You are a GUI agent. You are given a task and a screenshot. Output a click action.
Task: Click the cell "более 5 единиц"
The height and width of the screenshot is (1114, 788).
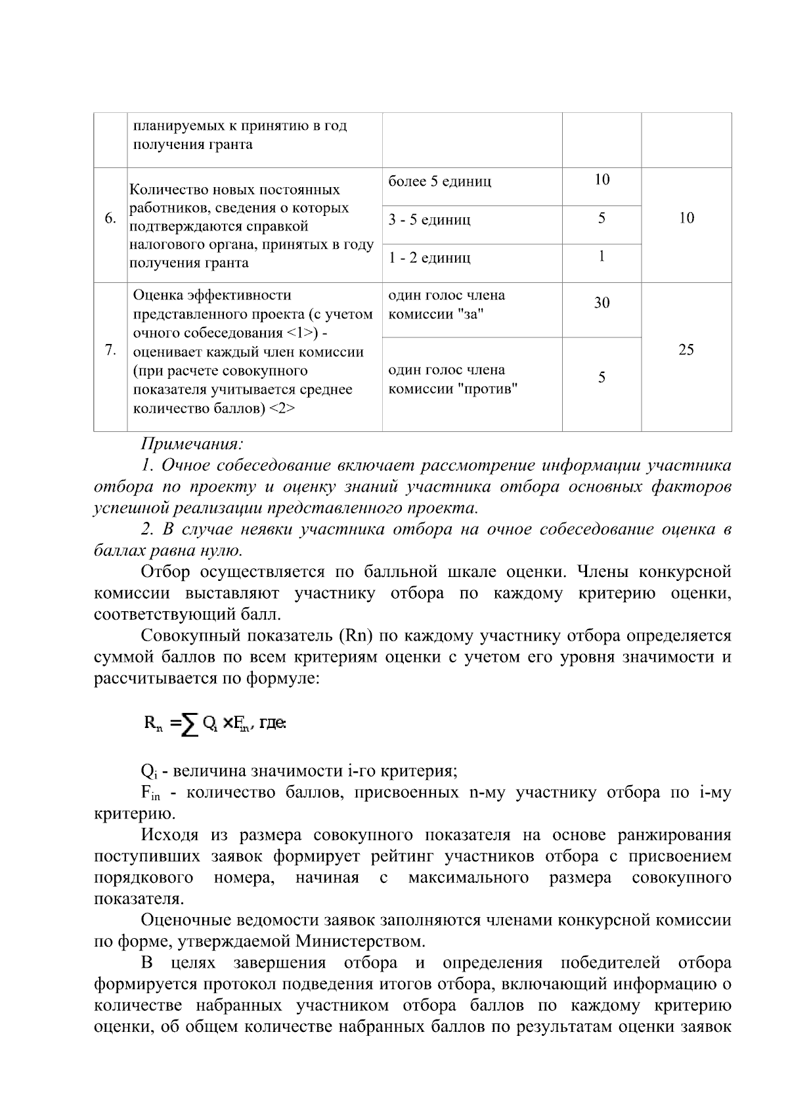point(439,182)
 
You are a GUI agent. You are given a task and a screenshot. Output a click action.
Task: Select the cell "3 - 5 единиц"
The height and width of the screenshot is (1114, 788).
point(429,220)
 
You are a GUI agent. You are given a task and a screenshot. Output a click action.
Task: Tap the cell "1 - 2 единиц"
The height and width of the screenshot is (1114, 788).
point(429,258)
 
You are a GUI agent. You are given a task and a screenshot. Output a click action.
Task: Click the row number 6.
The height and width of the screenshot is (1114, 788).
point(110,219)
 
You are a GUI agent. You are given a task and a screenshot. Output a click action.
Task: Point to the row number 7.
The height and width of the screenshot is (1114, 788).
point(110,350)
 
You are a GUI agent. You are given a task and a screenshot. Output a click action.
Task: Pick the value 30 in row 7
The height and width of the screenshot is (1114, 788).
point(602,303)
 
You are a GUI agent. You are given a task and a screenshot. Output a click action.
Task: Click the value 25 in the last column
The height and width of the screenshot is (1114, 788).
point(686,350)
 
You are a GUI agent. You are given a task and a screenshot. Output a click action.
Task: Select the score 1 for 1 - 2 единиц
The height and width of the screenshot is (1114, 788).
point(602,257)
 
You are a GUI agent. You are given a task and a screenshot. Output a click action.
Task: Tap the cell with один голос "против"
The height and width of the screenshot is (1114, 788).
point(453,379)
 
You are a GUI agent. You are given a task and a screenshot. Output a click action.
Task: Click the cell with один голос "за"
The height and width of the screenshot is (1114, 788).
point(447,305)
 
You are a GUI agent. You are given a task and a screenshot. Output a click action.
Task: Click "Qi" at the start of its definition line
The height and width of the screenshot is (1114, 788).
point(148,771)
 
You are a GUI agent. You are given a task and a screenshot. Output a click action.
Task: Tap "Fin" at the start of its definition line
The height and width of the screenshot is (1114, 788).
point(150,793)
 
